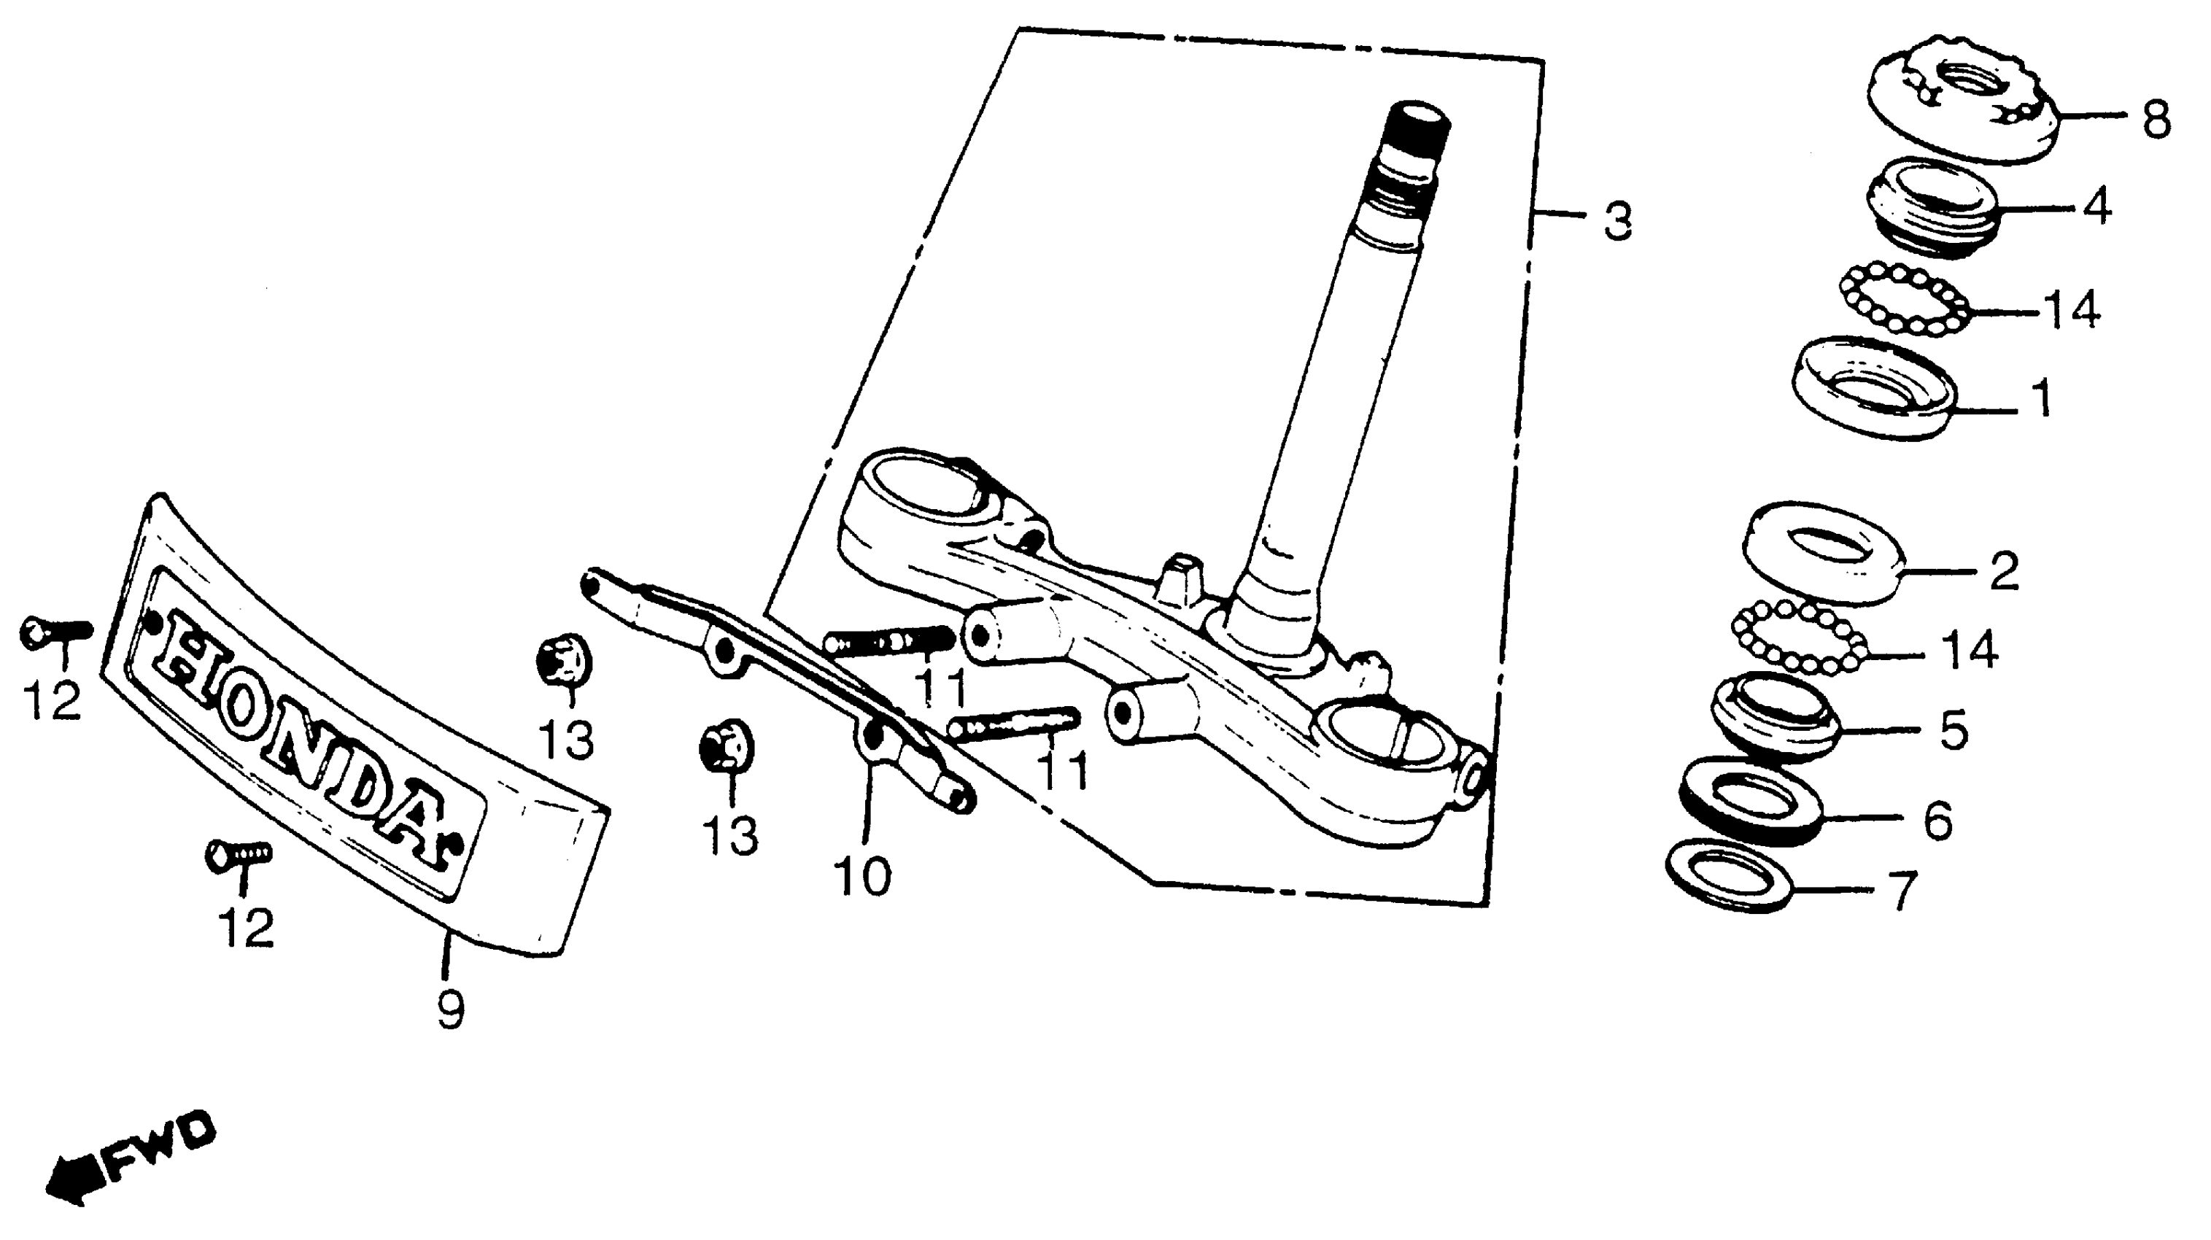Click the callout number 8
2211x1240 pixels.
(x=2156, y=120)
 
